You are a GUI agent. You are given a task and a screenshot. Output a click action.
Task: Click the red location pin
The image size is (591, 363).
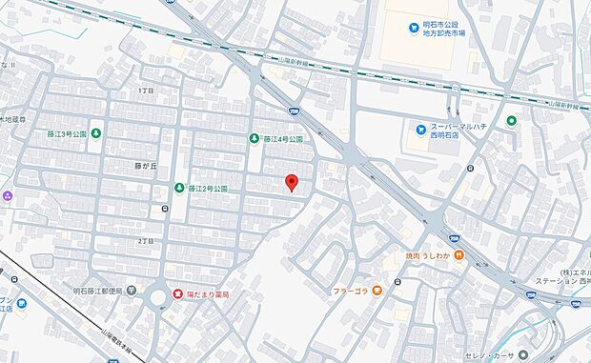292,183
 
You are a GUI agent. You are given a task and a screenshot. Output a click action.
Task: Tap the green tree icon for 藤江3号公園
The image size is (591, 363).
95,133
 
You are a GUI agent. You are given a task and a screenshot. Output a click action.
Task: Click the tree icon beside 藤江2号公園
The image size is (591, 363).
178,189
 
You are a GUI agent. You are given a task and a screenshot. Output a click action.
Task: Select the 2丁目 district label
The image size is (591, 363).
145,241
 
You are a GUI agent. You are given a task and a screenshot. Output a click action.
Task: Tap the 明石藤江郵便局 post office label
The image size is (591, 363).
99,291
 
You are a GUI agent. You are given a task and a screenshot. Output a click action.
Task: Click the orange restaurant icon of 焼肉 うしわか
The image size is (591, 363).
459,255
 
